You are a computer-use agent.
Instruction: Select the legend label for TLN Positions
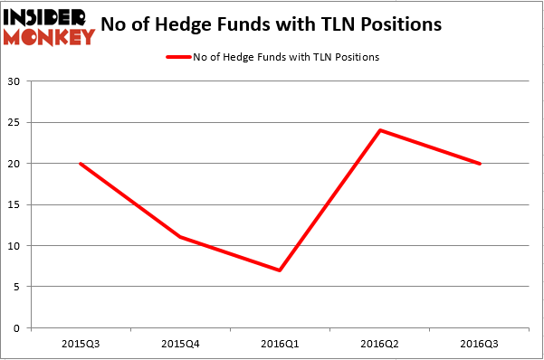point(285,57)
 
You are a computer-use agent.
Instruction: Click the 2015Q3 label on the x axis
point(81,345)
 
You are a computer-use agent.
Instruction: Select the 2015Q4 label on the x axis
point(181,345)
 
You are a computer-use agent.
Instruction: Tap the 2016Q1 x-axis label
point(281,345)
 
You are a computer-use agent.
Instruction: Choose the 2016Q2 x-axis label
point(380,345)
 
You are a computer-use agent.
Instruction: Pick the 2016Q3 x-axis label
point(480,345)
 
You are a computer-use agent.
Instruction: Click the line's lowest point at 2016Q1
point(281,270)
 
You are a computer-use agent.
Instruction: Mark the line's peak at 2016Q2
point(380,130)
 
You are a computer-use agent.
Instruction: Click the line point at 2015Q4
point(181,237)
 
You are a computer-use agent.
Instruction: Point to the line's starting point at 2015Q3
point(81,164)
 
